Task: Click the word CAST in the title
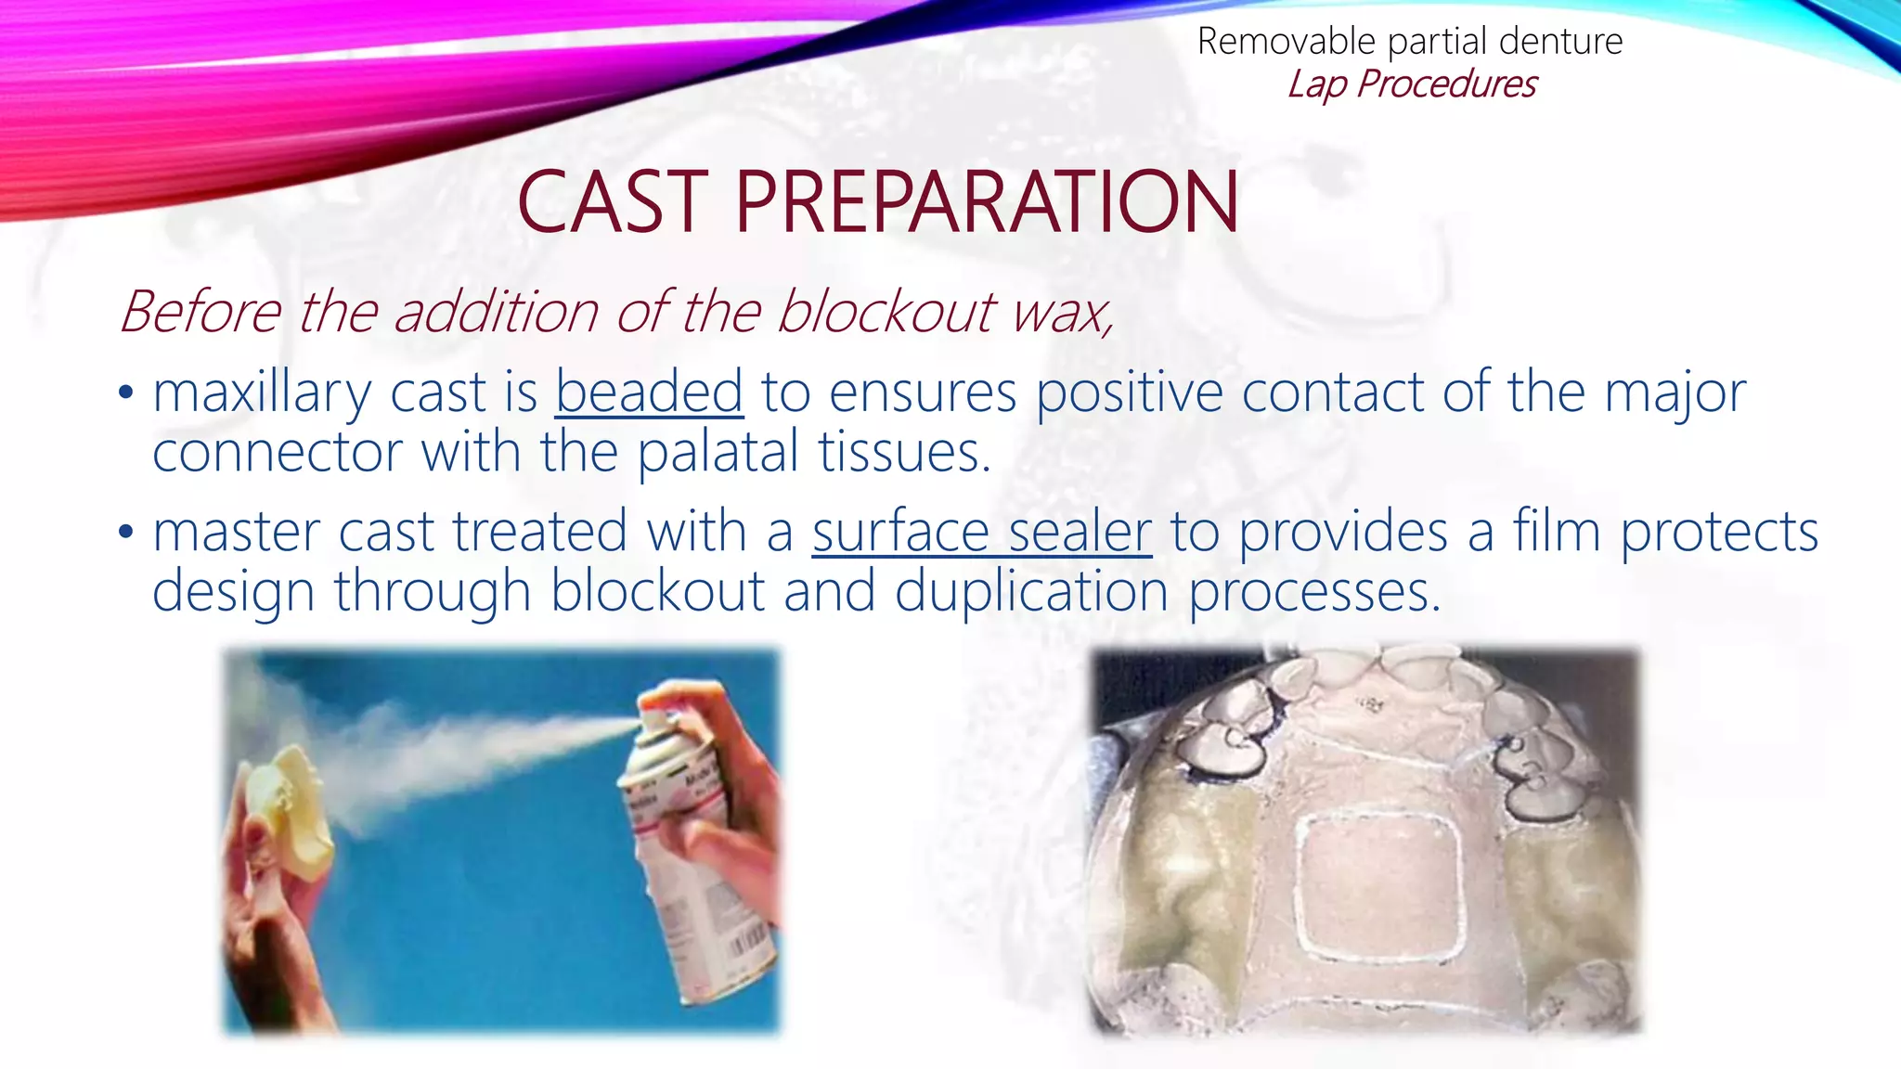613,202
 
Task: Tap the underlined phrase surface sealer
981,533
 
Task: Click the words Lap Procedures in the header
1411,84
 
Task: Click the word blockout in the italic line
886,312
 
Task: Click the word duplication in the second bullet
1030,592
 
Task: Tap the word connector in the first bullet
277,453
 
